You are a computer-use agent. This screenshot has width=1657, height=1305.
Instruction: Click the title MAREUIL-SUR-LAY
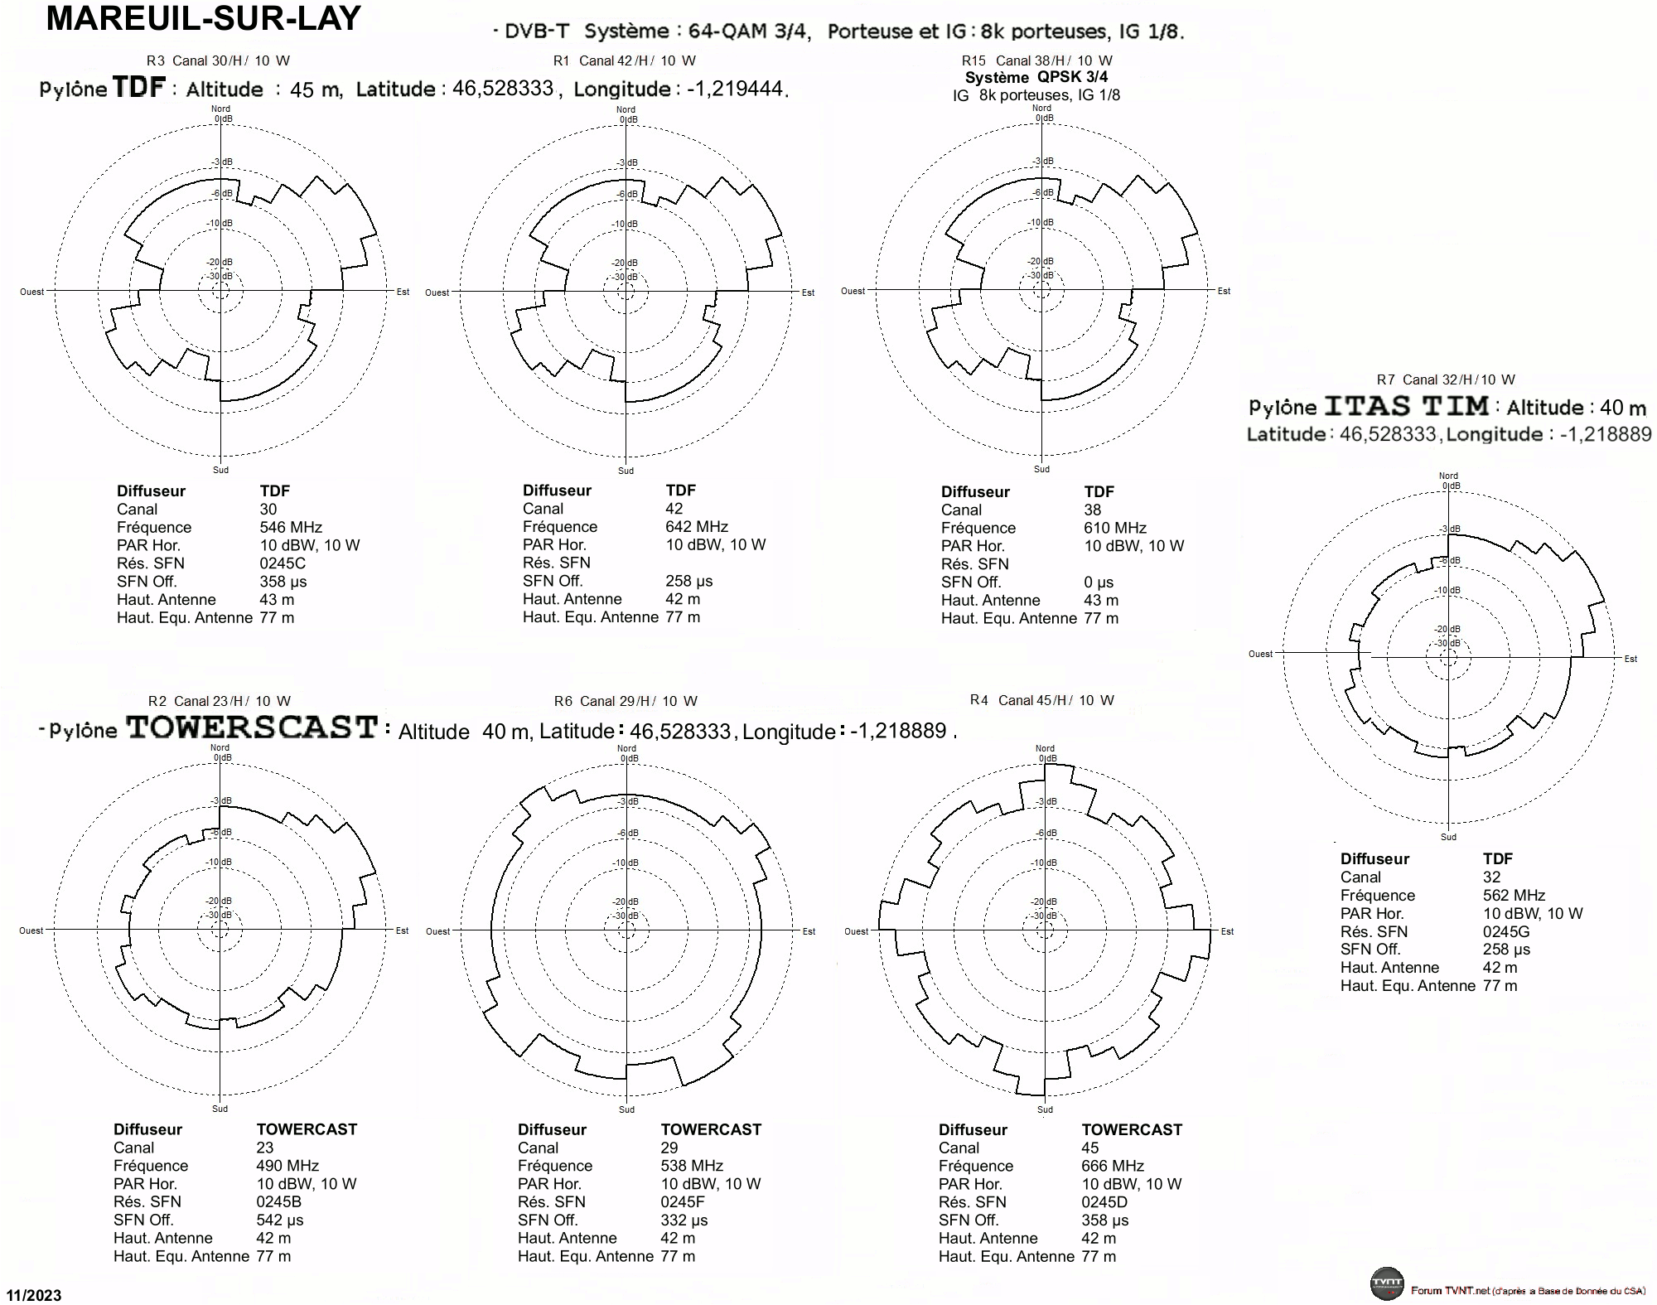[x=203, y=18]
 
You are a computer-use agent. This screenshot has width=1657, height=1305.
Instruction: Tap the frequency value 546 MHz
[x=291, y=527]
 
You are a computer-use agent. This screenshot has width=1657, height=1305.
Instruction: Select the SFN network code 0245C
[x=283, y=563]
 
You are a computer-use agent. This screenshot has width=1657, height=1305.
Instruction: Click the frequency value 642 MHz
[x=697, y=526]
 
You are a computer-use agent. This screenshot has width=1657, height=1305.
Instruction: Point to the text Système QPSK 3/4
[x=1036, y=77]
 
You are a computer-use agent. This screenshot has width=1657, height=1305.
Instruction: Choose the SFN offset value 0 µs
[x=1099, y=582]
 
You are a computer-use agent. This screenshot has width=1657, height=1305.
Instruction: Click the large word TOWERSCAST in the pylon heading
[x=252, y=727]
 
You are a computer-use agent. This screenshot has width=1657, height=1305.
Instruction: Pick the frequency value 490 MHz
[x=287, y=1166]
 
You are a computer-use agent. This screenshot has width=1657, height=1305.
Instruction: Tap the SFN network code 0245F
[x=683, y=1201]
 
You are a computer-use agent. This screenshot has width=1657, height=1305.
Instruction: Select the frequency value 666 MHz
[x=1113, y=1166]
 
